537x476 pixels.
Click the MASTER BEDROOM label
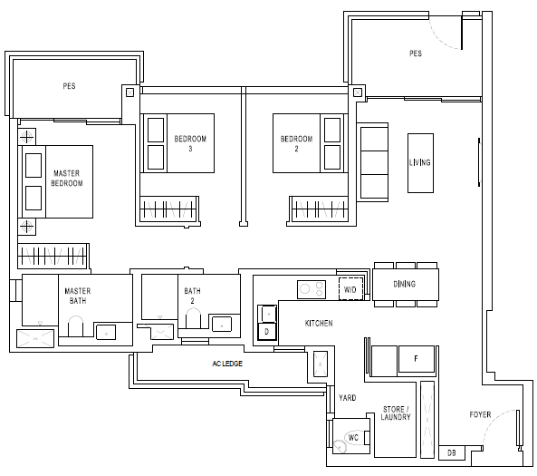tap(67, 179)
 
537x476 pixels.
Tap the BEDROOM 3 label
tap(190, 143)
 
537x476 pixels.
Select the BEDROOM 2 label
tap(297, 143)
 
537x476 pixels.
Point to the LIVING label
tap(420, 162)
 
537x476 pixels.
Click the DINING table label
tap(405, 284)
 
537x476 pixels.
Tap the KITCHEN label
tap(319, 324)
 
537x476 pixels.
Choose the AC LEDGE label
tap(227, 364)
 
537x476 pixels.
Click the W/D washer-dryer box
tap(350, 288)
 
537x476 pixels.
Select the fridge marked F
tap(417, 359)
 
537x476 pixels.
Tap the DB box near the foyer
tap(452, 453)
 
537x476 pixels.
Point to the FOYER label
tap(480, 414)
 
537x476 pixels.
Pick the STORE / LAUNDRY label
tap(396, 413)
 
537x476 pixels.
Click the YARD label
tap(347, 398)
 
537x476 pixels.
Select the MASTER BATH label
tap(78, 296)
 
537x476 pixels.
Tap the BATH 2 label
tap(193, 296)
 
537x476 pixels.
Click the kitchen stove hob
tap(312, 289)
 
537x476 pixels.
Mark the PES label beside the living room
tap(416, 53)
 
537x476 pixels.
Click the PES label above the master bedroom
tap(69, 86)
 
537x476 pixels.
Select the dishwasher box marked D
tap(267, 332)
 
